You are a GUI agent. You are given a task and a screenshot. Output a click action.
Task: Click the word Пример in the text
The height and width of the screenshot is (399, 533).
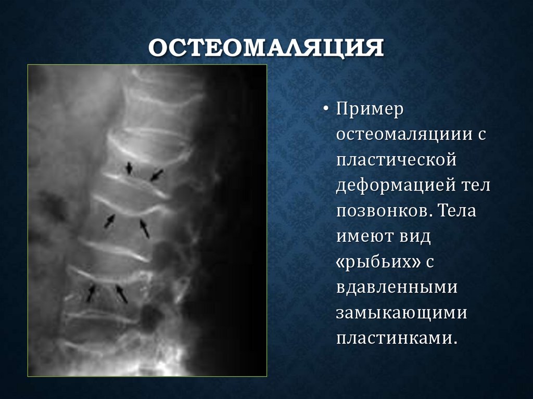click(x=370, y=110)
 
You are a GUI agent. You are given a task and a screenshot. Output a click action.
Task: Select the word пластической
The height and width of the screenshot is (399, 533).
click(x=396, y=160)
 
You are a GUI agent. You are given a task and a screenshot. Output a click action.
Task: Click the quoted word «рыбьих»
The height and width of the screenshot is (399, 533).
click(x=378, y=262)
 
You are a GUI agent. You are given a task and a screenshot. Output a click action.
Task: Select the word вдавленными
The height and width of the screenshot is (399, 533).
click(x=397, y=287)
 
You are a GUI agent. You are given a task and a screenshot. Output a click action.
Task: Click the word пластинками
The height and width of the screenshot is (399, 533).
click(x=396, y=338)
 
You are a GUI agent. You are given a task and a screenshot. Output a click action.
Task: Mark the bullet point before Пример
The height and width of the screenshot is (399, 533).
click(x=326, y=111)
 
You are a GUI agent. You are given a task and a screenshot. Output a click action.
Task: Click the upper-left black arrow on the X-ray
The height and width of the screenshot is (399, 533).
click(x=129, y=168)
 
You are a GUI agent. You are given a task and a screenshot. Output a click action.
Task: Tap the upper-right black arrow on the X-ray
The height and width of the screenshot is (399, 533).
click(x=157, y=175)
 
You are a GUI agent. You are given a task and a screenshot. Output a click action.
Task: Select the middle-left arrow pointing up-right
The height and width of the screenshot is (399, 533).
click(x=109, y=221)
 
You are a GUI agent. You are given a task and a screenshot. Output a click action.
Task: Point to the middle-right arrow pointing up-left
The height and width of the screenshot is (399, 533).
click(x=144, y=228)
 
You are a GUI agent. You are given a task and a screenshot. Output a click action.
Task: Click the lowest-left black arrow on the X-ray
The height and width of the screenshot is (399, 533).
click(x=91, y=293)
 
